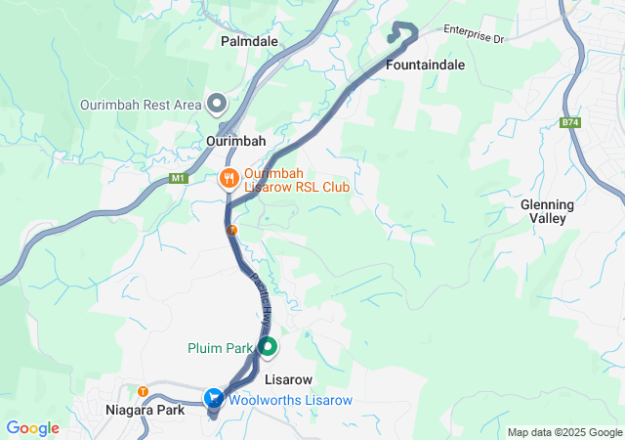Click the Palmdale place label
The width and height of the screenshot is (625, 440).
click(x=249, y=42)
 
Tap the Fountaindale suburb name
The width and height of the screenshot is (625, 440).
click(x=425, y=65)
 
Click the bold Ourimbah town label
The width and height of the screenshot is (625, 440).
click(x=236, y=141)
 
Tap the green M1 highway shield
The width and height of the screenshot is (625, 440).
click(x=178, y=178)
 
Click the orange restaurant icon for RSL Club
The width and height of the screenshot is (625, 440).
click(x=229, y=178)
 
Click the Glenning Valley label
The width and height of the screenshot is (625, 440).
click(x=547, y=211)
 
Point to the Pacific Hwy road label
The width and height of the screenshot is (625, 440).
click(x=262, y=293)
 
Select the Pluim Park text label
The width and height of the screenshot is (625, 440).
click(x=220, y=348)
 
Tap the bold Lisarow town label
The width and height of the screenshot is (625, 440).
click(x=288, y=378)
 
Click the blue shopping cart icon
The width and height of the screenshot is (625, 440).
click(x=214, y=398)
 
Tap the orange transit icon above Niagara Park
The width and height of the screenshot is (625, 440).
click(x=144, y=392)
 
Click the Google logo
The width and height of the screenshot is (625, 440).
click(x=33, y=428)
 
